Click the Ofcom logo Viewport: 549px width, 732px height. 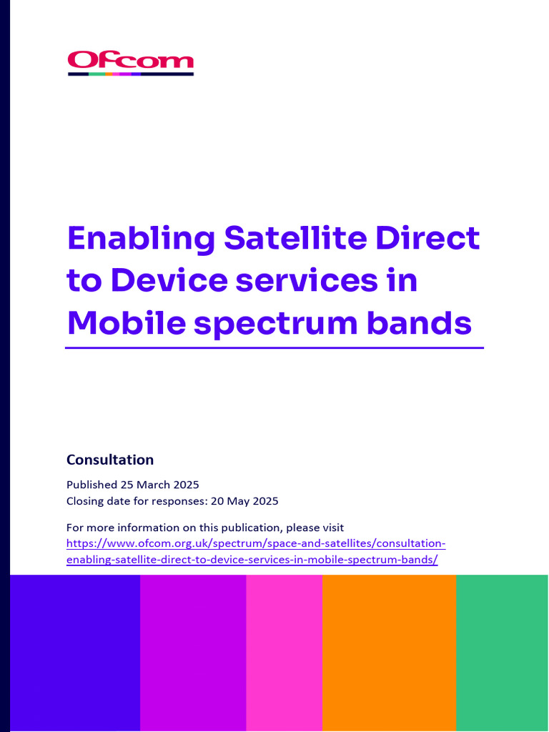[x=130, y=63]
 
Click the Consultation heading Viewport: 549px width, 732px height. [x=110, y=460]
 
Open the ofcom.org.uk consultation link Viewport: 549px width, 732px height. [x=256, y=551]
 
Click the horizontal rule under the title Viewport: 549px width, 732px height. [x=274, y=348]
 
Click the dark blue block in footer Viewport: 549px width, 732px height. [x=74, y=653]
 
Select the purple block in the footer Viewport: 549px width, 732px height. [x=193, y=653]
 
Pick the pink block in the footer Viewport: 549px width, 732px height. [x=284, y=653]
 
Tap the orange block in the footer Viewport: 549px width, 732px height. [x=389, y=653]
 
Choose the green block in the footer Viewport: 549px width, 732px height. [x=502, y=653]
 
